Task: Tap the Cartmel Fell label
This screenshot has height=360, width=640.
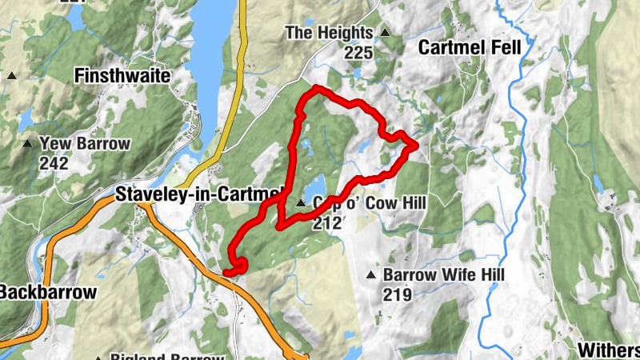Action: (470, 48)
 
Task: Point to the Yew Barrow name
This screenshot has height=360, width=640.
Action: (84, 144)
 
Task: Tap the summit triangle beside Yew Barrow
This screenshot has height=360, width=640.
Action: (28, 144)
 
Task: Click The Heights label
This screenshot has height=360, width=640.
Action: (329, 33)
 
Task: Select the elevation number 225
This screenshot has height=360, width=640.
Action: (359, 53)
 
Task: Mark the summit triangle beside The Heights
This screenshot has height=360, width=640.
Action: (385, 33)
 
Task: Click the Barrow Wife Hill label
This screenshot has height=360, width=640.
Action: (444, 275)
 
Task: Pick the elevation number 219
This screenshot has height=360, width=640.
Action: (397, 294)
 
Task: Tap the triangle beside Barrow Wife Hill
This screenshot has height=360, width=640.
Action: (370, 276)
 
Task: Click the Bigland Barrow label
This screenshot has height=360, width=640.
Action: (166, 357)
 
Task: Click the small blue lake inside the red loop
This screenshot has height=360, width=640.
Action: (314, 185)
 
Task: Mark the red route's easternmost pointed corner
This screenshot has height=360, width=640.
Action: (416, 144)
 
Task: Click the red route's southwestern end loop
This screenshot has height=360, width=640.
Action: (236, 267)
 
